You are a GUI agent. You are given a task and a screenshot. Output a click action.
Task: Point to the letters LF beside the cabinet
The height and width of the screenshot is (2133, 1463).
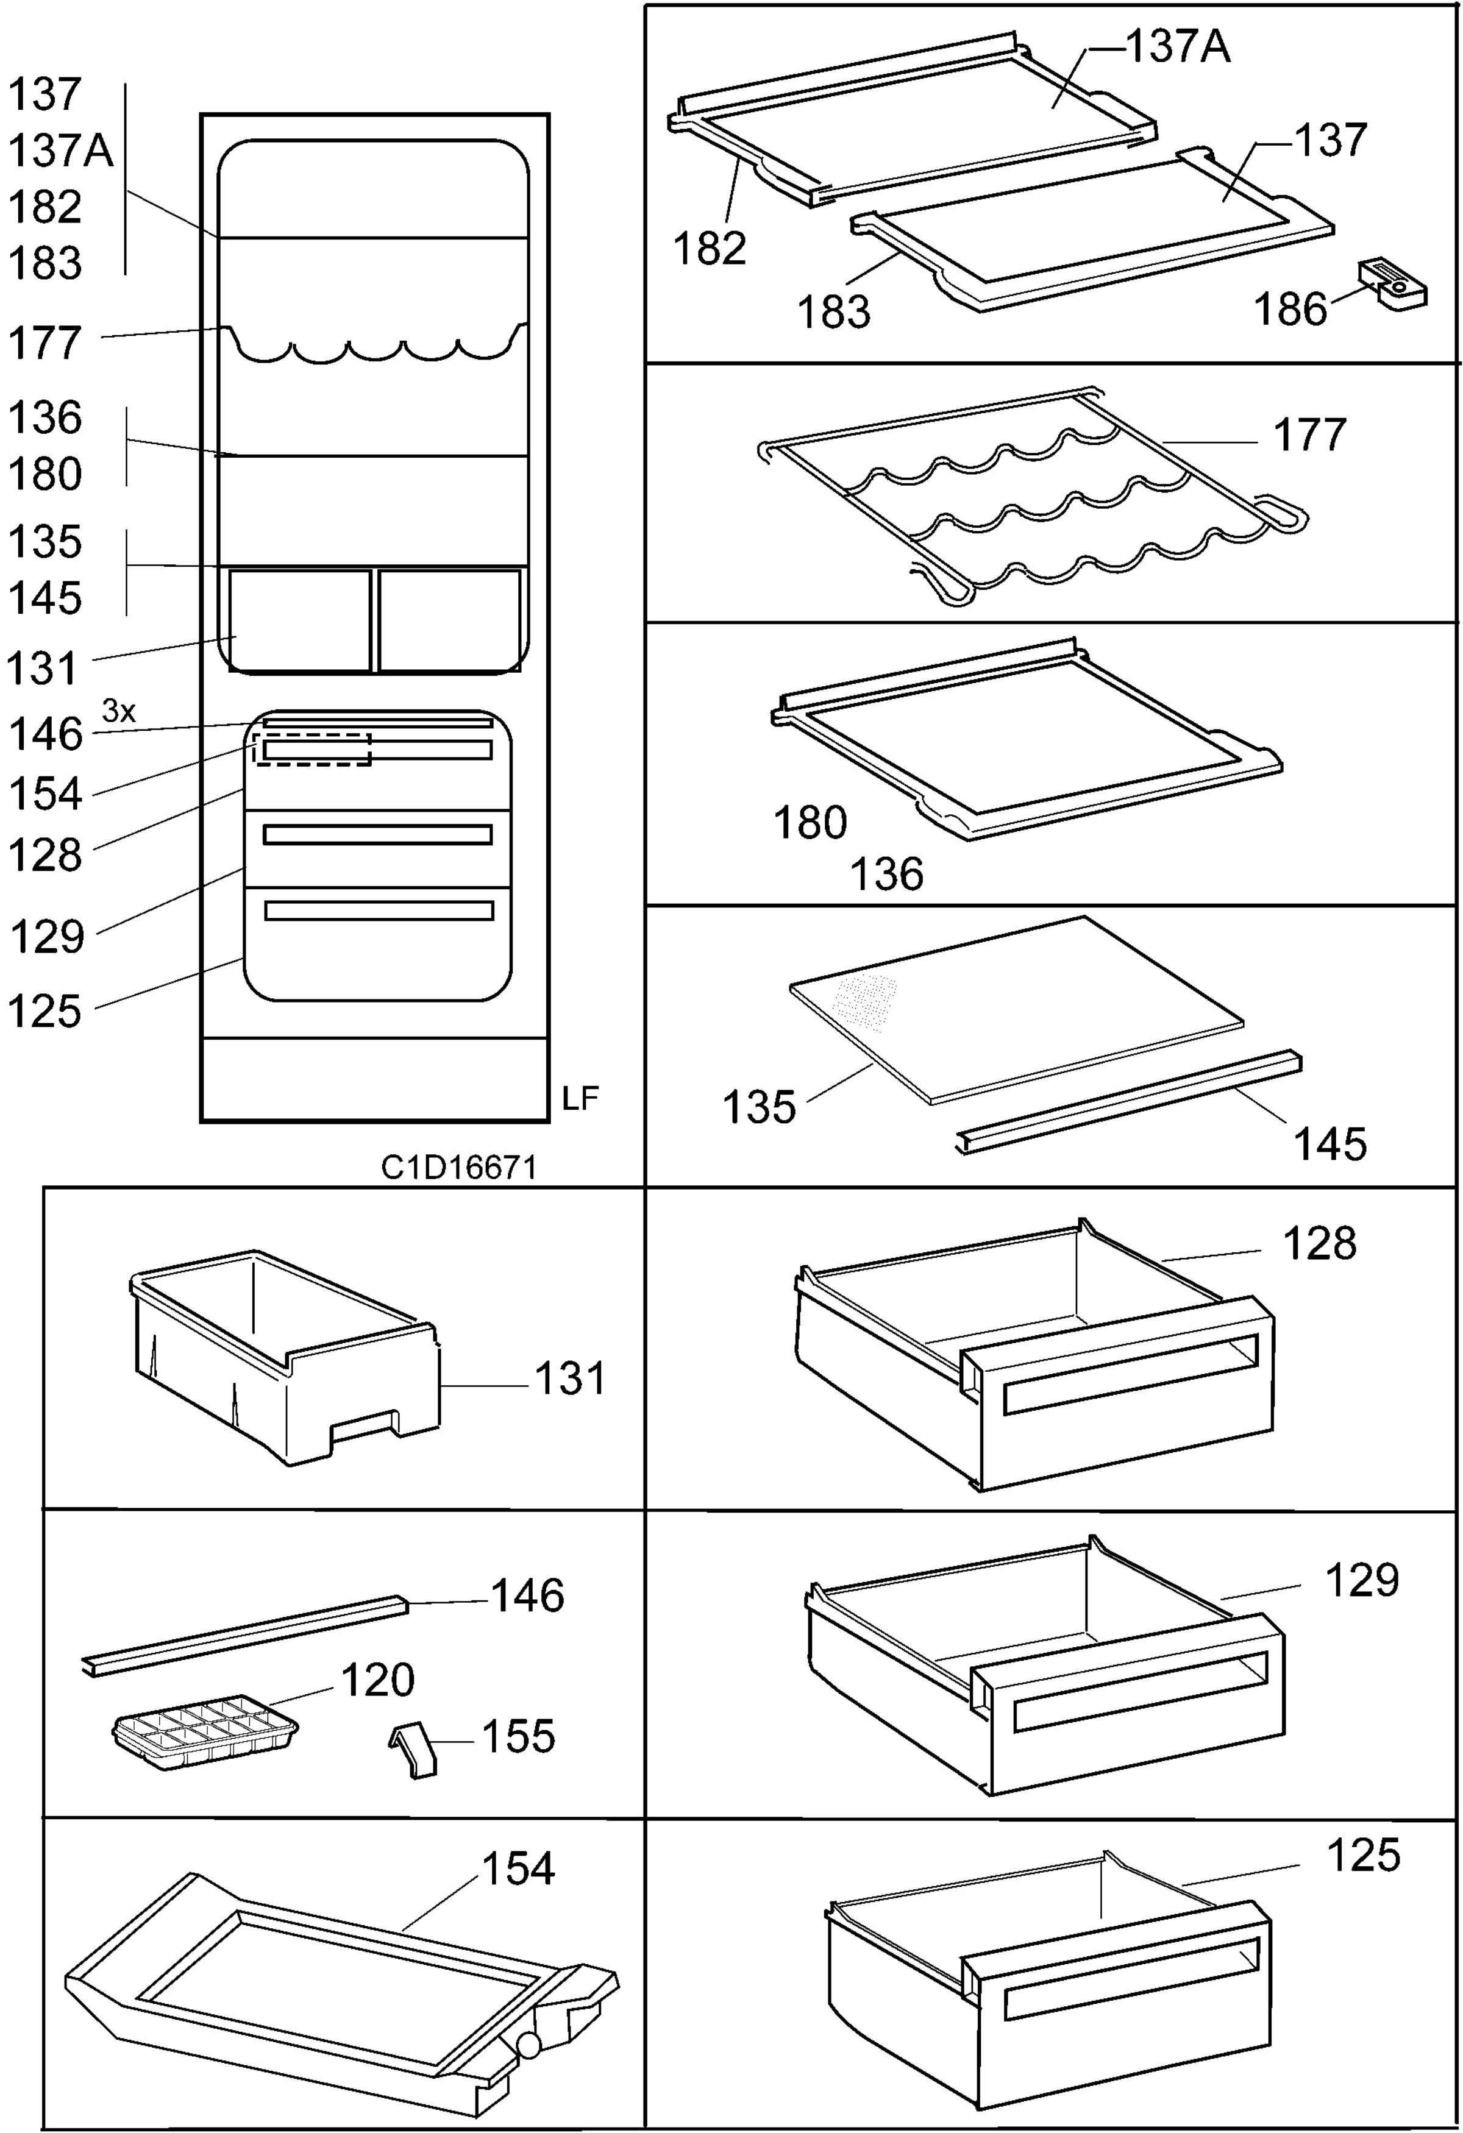coord(580,1099)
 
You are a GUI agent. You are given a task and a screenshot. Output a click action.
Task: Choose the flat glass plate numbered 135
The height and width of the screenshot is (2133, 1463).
coord(1017,1010)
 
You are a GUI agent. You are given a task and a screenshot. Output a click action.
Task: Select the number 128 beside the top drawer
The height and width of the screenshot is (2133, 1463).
coord(1320,1244)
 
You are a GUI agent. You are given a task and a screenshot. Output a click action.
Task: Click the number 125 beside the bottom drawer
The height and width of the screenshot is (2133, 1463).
coord(1364,1855)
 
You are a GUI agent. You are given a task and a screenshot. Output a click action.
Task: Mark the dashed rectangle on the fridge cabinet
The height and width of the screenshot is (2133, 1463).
coord(312,749)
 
